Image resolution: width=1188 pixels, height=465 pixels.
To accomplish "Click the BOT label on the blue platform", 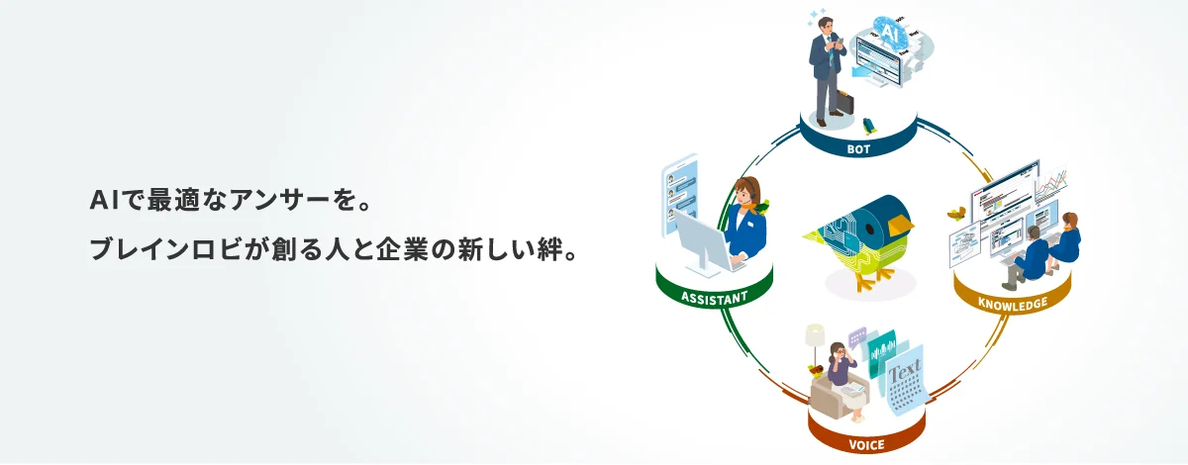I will coord(857,150).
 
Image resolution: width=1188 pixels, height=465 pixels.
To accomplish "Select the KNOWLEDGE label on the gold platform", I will coord(1012,304).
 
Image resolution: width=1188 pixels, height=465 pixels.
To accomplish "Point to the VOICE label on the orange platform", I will coord(866,444).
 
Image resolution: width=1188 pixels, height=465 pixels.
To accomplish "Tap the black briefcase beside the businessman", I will coord(844,102).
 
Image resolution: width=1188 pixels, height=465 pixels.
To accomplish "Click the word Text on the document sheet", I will coord(904,373).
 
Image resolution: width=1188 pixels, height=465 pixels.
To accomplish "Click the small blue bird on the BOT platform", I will coord(868,126).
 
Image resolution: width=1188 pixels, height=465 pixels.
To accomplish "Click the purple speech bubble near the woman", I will coord(856,336).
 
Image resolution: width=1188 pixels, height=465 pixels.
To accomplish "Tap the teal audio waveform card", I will coord(881,350).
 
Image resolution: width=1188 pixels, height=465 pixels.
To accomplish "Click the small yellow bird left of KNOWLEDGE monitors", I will coord(956,211).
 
